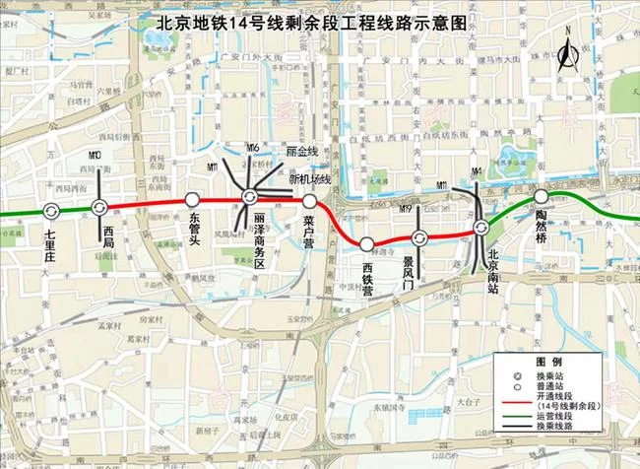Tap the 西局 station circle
[99, 206]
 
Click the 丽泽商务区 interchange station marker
[249, 199]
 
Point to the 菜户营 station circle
[309, 200]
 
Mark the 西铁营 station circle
[366, 243]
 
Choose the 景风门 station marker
[419, 237]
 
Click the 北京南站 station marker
[480, 228]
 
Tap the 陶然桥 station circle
[541, 196]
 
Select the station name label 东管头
[194, 226]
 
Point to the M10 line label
[95, 156]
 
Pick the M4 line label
[478, 171]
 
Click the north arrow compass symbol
[566, 54]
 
